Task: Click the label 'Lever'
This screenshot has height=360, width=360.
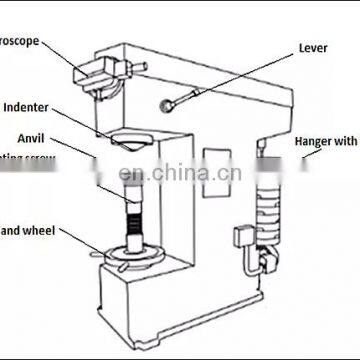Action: pyautogui.click(x=313, y=47)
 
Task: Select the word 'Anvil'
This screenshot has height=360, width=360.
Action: pyautogui.click(x=29, y=138)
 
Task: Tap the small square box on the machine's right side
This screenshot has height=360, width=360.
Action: pyautogui.click(x=242, y=239)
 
